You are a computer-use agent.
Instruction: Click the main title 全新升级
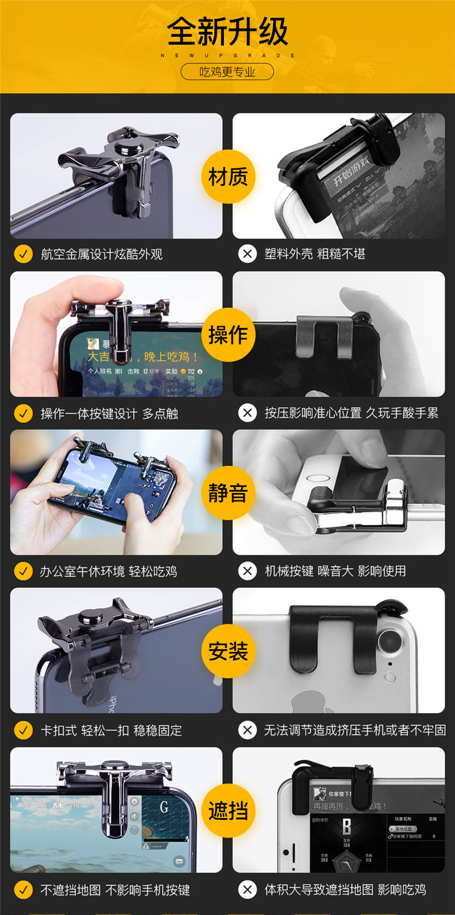(x=227, y=32)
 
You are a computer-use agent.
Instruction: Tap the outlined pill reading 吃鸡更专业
(x=227, y=72)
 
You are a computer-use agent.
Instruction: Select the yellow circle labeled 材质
(x=228, y=177)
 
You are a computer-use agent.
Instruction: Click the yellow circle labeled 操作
(x=228, y=335)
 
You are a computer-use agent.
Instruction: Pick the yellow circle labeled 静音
(x=228, y=493)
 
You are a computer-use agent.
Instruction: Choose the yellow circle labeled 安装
(x=228, y=652)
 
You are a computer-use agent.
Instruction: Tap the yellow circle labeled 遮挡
(x=228, y=811)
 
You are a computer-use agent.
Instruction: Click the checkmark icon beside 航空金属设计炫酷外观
(x=24, y=254)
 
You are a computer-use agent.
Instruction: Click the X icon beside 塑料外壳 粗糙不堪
(x=248, y=254)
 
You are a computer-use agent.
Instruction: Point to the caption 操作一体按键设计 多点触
(x=109, y=413)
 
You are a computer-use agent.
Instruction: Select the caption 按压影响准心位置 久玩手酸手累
(x=351, y=413)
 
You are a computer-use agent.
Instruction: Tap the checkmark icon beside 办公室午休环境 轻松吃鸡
(x=24, y=571)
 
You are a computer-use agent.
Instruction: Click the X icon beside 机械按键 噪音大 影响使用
(x=248, y=571)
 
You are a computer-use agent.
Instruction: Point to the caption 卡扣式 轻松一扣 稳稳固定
(x=111, y=731)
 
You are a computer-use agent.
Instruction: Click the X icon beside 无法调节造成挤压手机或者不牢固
(x=248, y=731)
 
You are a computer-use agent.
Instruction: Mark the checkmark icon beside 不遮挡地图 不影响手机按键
(x=24, y=890)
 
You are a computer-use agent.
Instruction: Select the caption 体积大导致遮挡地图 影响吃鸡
(x=345, y=890)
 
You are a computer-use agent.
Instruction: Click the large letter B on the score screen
(x=346, y=827)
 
